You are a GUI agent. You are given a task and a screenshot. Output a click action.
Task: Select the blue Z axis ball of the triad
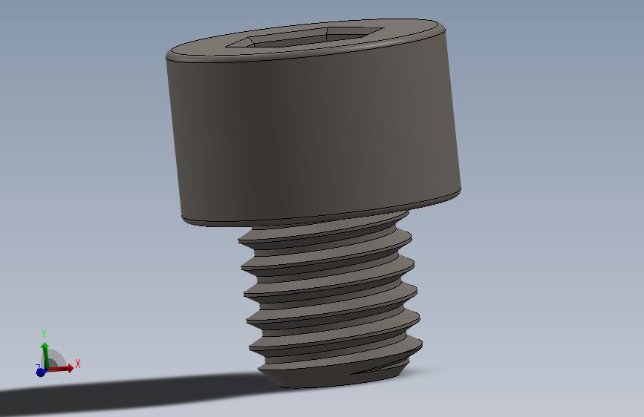(40, 372)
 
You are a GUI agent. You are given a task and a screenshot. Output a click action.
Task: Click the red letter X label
(77, 364)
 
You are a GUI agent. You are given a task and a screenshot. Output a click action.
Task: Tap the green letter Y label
(44, 333)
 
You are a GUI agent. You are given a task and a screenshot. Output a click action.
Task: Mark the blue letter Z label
(37, 367)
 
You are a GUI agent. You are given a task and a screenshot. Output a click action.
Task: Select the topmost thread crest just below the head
(327, 236)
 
